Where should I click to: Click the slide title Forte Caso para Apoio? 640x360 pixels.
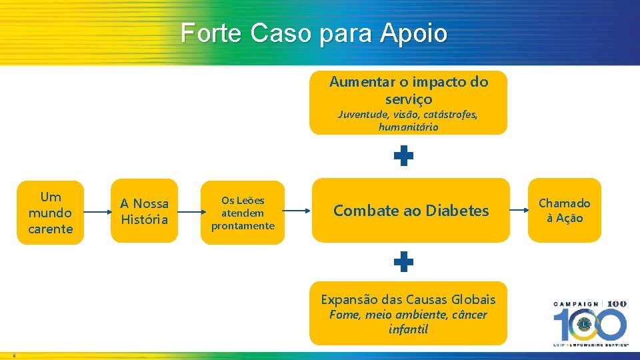click(x=314, y=33)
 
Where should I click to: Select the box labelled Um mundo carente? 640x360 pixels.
click(x=51, y=213)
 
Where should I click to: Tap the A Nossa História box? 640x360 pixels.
click(x=144, y=211)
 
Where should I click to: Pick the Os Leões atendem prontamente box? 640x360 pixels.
click(x=243, y=213)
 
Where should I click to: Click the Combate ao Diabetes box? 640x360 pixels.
click(x=411, y=211)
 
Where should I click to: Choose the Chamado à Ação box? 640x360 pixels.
click(x=564, y=210)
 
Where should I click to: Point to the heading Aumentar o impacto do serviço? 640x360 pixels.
click(x=409, y=90)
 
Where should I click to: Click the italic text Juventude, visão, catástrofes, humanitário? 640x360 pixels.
click(x=408, y=121)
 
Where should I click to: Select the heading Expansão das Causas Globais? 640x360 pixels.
click(x=408, y=299)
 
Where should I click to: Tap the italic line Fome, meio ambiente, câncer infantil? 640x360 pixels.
click(x=408, y=322)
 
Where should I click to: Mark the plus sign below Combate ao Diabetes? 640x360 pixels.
click(x=403, y=263)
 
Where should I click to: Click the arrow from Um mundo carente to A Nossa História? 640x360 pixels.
click(x=98, y=212)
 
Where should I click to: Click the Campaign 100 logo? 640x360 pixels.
click(x=589, y=323)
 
